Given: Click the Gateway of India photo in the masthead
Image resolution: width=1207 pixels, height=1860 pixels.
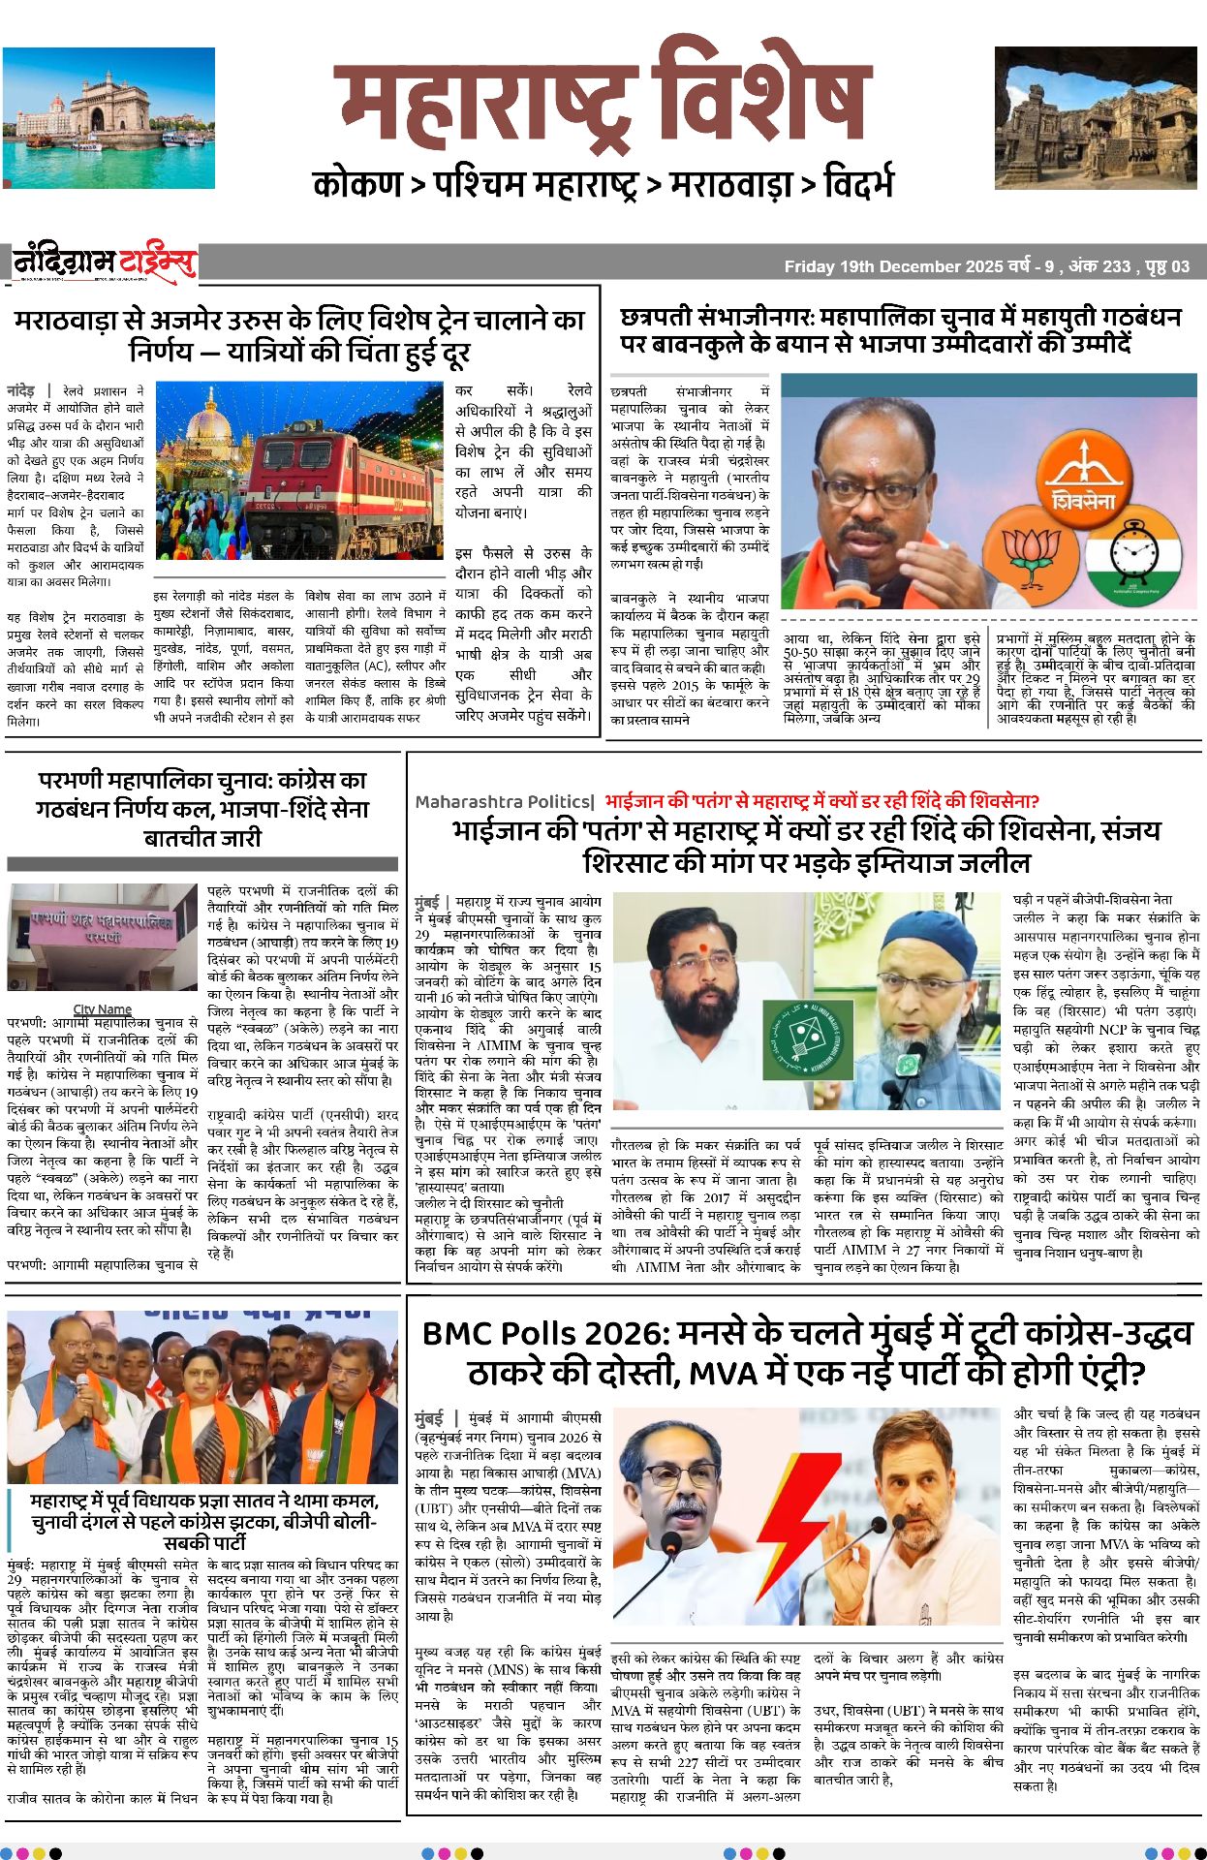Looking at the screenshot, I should (108, 105).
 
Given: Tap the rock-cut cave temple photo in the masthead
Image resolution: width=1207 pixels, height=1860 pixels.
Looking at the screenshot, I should (1099, 117).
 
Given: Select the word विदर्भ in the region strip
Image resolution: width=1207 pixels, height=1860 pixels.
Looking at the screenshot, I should (858, 184).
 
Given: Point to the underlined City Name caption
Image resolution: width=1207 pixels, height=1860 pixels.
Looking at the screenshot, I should (102, 1009).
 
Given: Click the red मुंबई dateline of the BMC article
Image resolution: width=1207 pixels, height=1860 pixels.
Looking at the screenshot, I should (429, 1417).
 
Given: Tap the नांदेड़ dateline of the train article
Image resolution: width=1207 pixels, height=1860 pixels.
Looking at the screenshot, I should (21, 389).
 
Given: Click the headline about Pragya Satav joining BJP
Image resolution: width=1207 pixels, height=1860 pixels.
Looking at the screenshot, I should (203, 1520).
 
